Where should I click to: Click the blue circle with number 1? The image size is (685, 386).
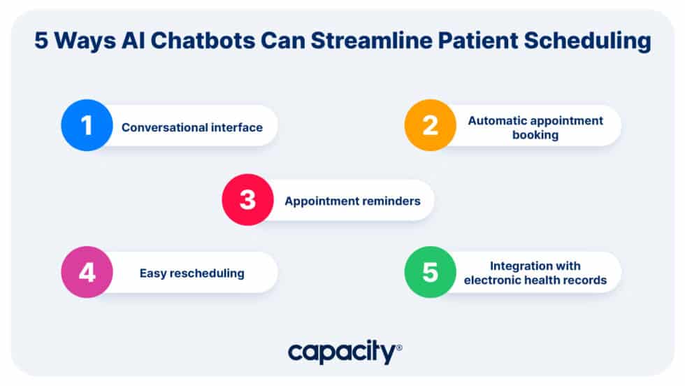87,126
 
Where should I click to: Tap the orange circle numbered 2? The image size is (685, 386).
430,126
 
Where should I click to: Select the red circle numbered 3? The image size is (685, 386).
247,200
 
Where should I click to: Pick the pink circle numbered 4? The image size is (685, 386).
87,272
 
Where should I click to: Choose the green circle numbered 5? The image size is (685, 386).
430,272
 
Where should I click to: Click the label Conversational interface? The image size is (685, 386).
192,127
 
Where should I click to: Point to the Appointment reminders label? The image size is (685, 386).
352,201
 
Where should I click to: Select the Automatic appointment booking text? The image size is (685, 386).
535,127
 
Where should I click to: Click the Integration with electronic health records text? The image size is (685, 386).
535,273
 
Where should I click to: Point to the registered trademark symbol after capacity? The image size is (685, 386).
399,347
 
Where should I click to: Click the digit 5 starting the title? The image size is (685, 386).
41,42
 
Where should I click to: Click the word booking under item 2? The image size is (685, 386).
535,135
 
